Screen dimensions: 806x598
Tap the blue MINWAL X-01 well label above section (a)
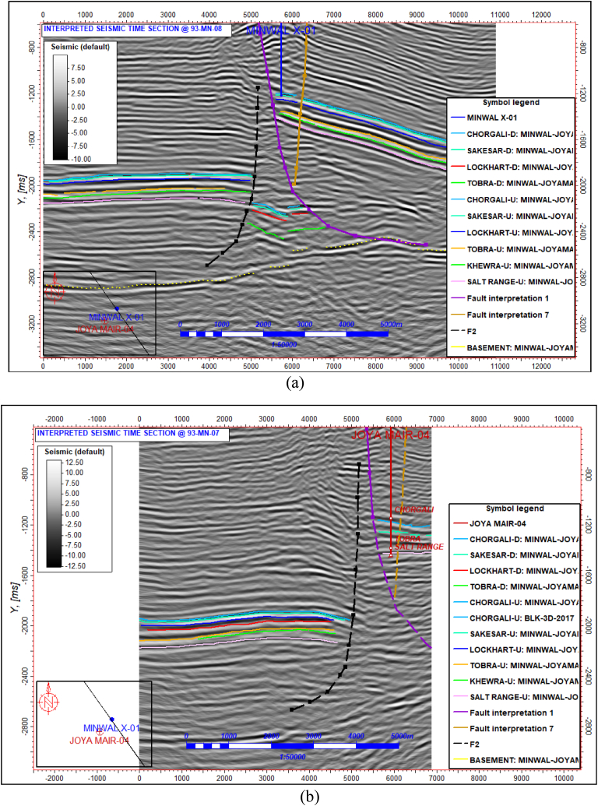pos(282,30)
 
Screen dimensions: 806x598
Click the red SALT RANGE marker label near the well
pos(419,547)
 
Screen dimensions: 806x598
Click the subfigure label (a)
pos(295,382)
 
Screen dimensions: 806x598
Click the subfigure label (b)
pos(295,796)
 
